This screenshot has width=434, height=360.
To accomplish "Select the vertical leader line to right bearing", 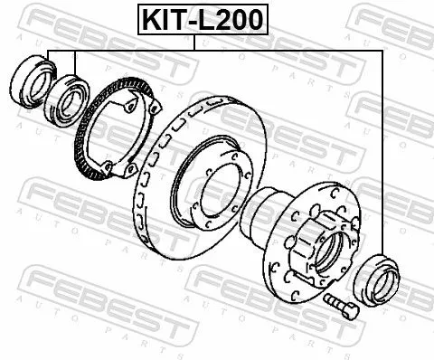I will pyautogui.click(x=388, y=154).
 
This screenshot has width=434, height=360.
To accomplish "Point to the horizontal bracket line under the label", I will pyautogui.click(x=217, y=49).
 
